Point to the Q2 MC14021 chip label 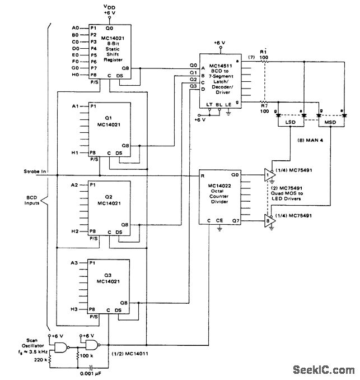click(110, 201)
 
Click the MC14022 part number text click(219, 184)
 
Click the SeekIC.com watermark click(324, 370)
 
